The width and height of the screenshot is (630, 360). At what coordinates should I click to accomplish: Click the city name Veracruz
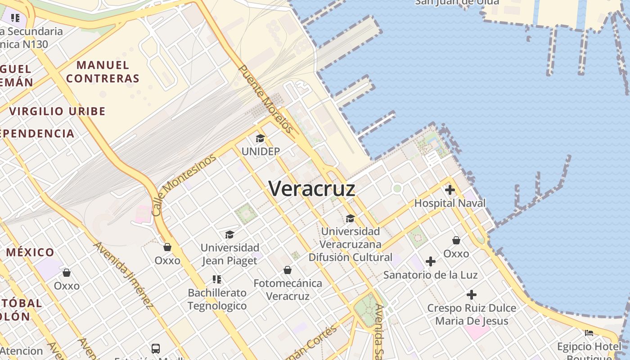[312, 189]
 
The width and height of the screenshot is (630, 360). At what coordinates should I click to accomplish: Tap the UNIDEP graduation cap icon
[260, 138]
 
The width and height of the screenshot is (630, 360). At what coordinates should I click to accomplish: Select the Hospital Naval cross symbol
[450, 190]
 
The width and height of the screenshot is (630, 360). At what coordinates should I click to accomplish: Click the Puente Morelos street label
[265, 99]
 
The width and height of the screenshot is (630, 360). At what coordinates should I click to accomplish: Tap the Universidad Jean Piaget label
[229, 254]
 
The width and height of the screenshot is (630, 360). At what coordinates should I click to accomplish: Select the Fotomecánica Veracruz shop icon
[288, 270]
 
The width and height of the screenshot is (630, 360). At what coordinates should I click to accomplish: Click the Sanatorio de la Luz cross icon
[431, 261]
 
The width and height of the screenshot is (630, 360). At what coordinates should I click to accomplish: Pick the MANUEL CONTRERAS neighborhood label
[103, 72]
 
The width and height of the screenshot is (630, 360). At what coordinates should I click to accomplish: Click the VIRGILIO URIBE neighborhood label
[58, 111]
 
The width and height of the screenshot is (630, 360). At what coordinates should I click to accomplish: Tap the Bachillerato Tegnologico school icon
[217, 279]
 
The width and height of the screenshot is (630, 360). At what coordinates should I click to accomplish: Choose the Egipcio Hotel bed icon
[589, 333]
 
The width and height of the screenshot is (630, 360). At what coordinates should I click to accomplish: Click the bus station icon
[155, 348]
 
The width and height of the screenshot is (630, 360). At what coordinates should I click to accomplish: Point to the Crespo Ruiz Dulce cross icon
[471, 295]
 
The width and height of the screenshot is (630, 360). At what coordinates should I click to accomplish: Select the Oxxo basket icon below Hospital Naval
[456, 240]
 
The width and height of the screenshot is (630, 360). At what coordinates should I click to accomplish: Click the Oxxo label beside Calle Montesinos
[167, 261]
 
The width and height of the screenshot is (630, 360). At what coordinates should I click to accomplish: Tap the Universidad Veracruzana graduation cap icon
[350, 219]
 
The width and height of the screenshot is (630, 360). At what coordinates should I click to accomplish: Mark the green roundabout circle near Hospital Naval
[397, 189]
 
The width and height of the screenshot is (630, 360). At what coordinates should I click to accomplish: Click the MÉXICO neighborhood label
[31, 252]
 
